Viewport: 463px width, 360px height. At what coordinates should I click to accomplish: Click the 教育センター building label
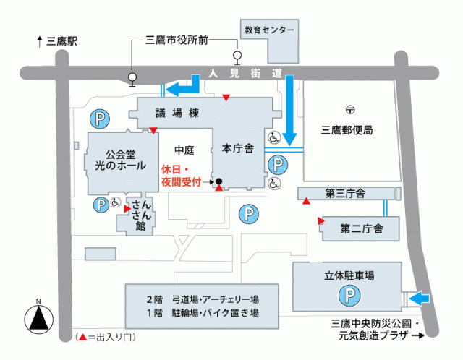click(269, 31)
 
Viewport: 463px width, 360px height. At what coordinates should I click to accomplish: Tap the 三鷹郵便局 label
click(347, 131)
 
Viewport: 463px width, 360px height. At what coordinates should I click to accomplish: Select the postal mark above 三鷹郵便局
click(350, 111)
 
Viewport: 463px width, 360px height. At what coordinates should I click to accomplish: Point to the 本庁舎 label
click(237, 149)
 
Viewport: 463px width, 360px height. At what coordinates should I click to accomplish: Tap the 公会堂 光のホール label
click(121, 160)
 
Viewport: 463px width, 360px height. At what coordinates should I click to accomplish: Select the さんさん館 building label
click(140, 215)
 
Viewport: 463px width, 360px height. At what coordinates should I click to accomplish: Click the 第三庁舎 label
click(344, 193)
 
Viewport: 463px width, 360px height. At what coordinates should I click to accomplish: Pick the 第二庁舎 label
click(360, 228)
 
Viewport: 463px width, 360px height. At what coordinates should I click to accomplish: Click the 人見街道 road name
click(245, 73)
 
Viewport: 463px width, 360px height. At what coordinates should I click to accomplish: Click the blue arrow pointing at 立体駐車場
click(420, 297)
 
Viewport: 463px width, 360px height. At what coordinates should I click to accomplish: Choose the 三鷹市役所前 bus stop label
click(177, 40)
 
